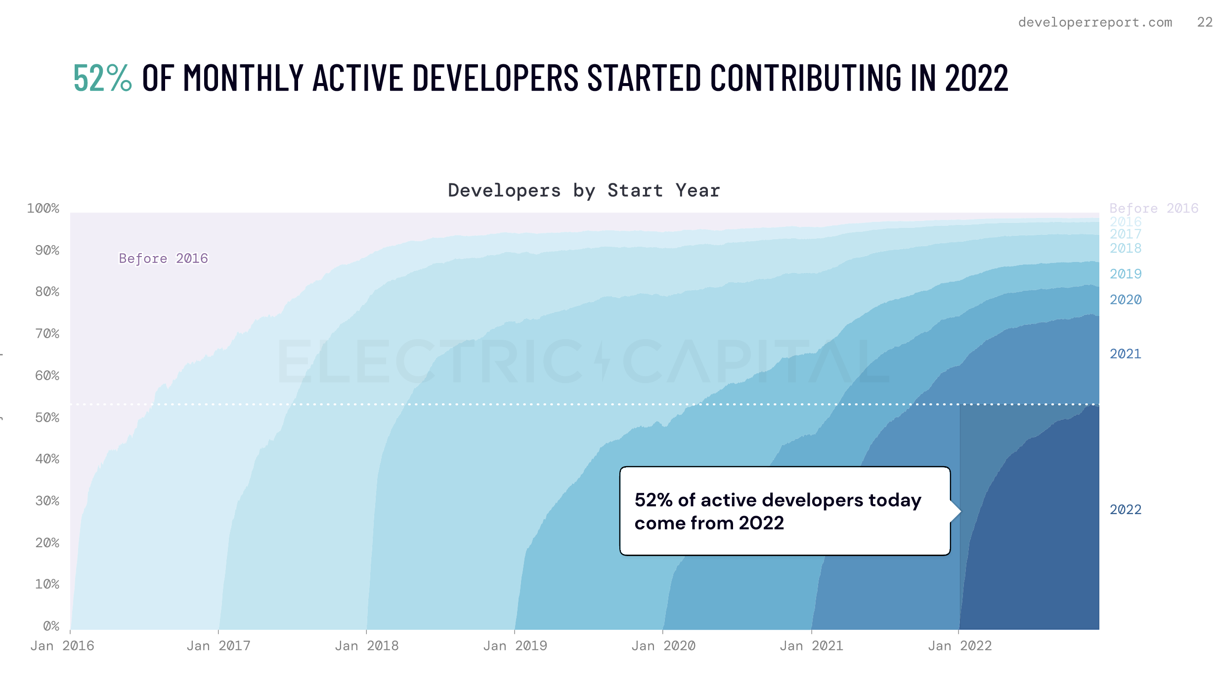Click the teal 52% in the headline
pos(102,78)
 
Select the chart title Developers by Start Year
pos(584,190)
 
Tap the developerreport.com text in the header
pos(1095,22)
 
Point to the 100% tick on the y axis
pos(43,208)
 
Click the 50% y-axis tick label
pos(47,418)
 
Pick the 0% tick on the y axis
pos(51,626)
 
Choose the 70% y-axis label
pos(47,334)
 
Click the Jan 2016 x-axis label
pos(62,646)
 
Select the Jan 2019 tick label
pos(515,646)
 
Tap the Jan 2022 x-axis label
pos(960,646)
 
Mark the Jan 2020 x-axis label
pos(663,646)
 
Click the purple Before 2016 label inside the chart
pos(163,259)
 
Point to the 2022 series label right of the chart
pos(1126,510)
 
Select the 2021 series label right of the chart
pos(1126,354)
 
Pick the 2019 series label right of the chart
pos(1126,274)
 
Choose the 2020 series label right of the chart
pos(1126,300)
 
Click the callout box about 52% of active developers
pos(785,511)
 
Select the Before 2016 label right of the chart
pos(1154,208)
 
